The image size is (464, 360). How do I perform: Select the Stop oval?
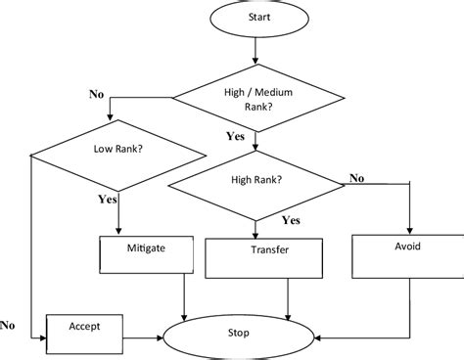click(241, 334)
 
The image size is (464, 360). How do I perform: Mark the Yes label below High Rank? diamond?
click(291, 220)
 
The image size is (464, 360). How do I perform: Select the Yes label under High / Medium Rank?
click(234, 137)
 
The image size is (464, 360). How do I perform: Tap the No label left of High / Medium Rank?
click(96, 95)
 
